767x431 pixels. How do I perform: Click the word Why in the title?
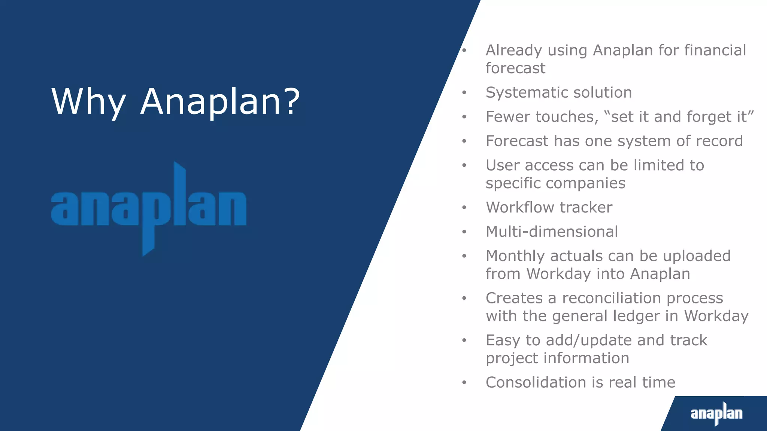[88, 102]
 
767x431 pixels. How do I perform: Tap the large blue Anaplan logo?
[149, 209]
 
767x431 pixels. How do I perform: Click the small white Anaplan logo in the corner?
[716, 413]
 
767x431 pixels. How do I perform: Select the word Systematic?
[529, 92]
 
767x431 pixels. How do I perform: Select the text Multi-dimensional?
[552, 232]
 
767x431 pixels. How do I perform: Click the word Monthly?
[515, 256]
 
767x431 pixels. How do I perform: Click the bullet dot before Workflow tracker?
[464, 208]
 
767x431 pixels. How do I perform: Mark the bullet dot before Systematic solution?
[464, 93]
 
